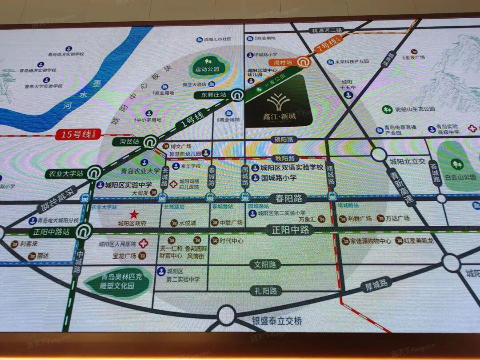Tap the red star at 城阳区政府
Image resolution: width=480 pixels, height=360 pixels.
tap(134, 214)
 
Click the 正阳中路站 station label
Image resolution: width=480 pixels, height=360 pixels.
tap(52, 232)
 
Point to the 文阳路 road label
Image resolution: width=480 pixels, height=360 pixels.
tap(265, 264)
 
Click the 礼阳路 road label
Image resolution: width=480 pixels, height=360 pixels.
tap(265, 291)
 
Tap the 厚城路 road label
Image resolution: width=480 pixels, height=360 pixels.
tap(376, 284)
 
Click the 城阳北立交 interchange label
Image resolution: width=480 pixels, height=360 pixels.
tap(408, 161)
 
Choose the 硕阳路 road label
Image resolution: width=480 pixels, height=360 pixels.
tap(283, 140)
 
